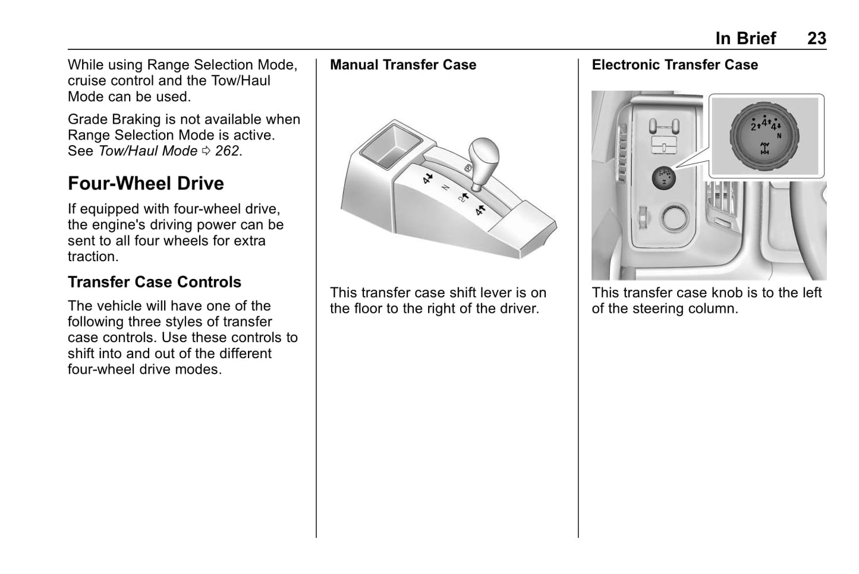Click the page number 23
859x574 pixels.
(816, 39)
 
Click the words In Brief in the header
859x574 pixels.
(745, 39)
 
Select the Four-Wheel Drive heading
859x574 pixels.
(146, 183)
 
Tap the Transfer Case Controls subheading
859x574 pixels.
(155, 282)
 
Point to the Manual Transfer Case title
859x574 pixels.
(403, 65)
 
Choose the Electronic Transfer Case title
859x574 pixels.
(675, 65)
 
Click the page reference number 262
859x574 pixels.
(227, 151)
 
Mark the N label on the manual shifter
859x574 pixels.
(445, 187)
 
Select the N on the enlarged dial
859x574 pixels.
(779, 136)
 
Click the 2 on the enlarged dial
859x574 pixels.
(753, 127)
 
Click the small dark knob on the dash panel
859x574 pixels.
(663, 177)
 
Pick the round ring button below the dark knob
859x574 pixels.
(675, 218)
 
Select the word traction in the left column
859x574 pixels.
(93, 257)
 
